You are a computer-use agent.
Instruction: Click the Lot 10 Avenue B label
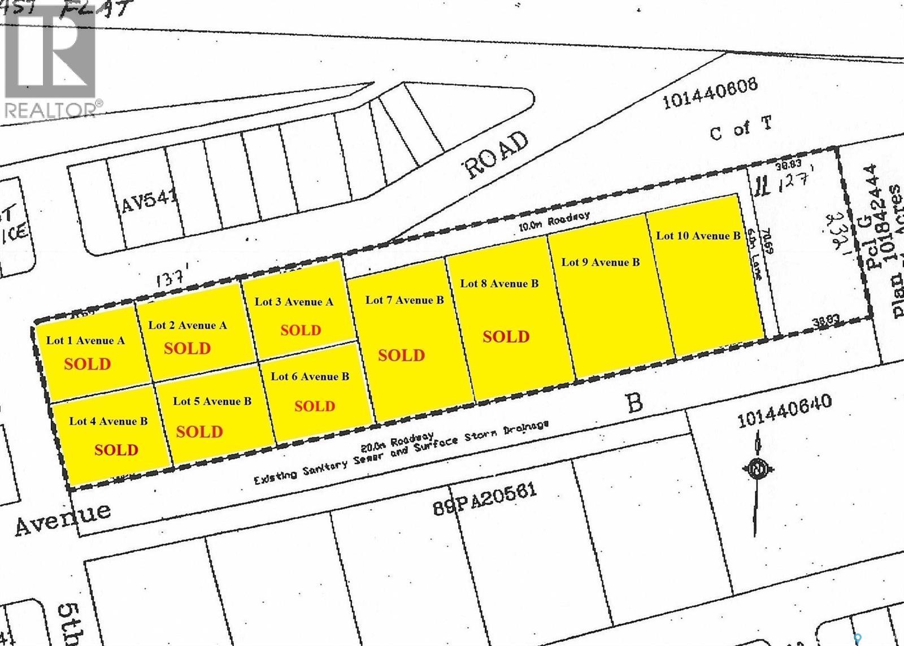click(698, 236)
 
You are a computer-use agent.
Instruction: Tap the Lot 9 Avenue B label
click(601, 262)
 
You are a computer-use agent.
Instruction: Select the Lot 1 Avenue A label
click(85, 340)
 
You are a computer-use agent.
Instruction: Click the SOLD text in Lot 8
click(506, 337)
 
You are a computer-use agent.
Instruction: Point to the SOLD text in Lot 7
click(401, 355)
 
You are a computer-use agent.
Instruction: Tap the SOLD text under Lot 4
click(116, 450)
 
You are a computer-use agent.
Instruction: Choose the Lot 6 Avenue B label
click(310, 376)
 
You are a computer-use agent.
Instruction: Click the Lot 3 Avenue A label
click(294, 301)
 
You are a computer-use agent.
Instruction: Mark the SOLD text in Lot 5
click(199, 432)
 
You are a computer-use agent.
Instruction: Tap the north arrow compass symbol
click(756, 469)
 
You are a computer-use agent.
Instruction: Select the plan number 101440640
click(784, 411)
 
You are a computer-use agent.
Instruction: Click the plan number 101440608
click(710, 94)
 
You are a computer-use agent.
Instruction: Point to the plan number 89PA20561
click(484, 499)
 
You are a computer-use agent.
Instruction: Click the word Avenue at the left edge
click(62, 518)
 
